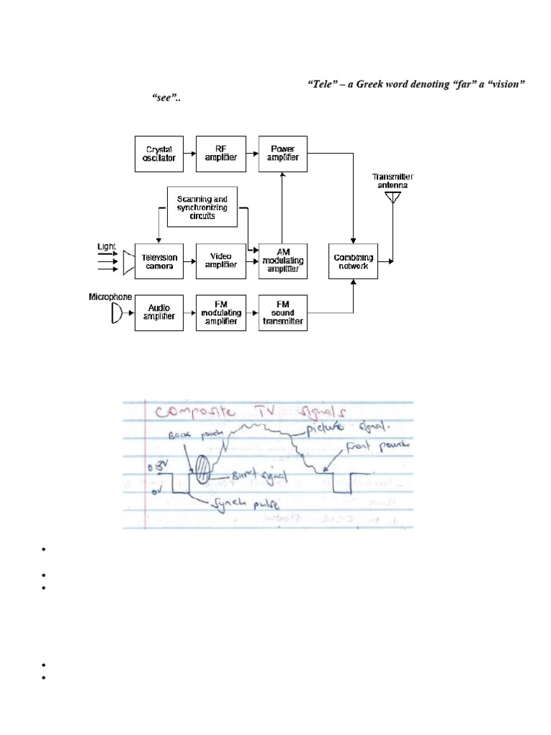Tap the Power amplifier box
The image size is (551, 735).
click(283, 154)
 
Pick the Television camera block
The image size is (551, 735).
click(159, 261)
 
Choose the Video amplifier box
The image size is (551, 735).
click(221, 261)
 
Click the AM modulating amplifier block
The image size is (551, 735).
click(283, 261)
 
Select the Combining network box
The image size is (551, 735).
click(353, 261)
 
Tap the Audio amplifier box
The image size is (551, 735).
click(159, 313)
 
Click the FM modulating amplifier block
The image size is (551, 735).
click(221, 313)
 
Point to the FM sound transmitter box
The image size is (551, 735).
click(283, 313)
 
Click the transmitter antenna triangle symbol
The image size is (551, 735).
click(392, 196)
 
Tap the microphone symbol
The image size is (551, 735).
click(116, 314)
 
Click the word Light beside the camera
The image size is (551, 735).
click(106, 246)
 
